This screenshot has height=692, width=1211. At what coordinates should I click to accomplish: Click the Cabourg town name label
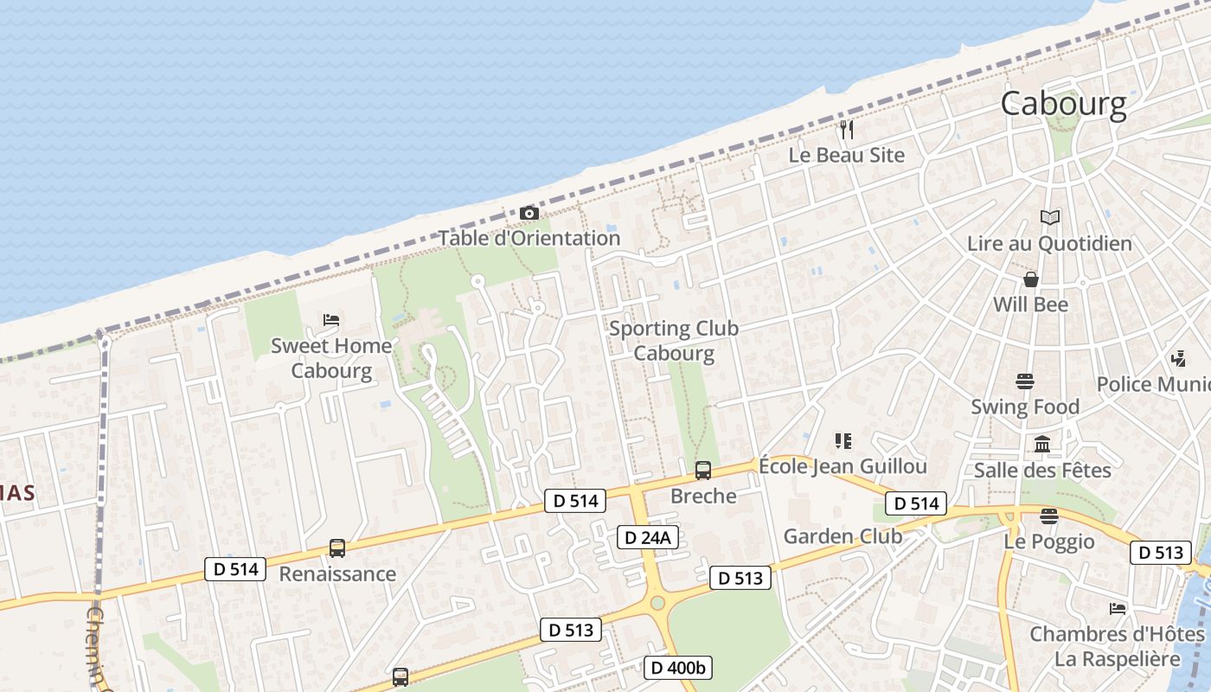point(1064,105)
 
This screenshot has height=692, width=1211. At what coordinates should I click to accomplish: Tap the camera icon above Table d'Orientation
point(529,213)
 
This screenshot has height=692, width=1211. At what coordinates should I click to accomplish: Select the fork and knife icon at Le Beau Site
point(847,130)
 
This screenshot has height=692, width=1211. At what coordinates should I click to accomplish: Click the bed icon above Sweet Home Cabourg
point(331,320)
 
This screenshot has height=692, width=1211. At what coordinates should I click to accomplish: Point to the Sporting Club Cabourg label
point(674,341)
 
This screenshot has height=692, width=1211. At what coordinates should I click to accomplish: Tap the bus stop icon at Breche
point(703,471)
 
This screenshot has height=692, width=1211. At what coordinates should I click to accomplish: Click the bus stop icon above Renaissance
point(337,548)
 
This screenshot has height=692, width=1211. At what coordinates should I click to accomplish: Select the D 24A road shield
point(648,538)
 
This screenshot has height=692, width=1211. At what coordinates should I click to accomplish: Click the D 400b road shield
point(678,668)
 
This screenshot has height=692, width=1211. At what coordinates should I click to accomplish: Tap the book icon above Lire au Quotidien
point(1050,218)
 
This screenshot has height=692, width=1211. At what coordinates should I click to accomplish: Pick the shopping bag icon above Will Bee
point(1031,279)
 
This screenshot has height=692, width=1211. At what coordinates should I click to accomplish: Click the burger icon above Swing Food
point(1026,381)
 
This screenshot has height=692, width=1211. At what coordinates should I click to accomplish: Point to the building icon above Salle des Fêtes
point(1042,445)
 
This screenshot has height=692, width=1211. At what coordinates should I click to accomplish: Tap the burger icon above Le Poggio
point(1049,516)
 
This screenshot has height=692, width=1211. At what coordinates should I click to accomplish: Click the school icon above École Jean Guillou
point(843,441)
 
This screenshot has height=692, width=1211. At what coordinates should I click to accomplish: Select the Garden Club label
point(843,536)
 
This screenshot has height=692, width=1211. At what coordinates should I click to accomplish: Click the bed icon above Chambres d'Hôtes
point(1118,609)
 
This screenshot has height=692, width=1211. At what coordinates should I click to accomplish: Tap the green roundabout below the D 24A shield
point(657,602)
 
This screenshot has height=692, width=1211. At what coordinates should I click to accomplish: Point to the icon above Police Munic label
point(1178,358)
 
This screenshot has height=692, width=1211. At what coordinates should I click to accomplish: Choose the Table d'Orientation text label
point(529,238)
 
